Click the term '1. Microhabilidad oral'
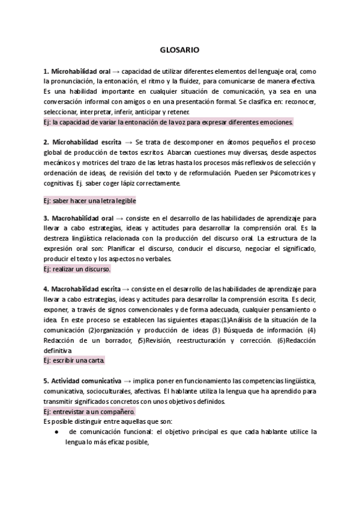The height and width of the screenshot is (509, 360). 77,71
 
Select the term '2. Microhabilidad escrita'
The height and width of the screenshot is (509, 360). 82,142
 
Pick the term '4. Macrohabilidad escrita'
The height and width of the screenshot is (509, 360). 82,289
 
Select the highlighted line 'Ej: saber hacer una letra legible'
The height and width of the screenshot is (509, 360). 90,200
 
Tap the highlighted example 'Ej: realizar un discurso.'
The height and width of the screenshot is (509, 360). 77,270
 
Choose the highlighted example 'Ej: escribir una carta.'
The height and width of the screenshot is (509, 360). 74,361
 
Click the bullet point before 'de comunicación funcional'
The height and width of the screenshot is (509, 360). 56,432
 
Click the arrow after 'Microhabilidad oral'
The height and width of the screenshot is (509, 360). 116,71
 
